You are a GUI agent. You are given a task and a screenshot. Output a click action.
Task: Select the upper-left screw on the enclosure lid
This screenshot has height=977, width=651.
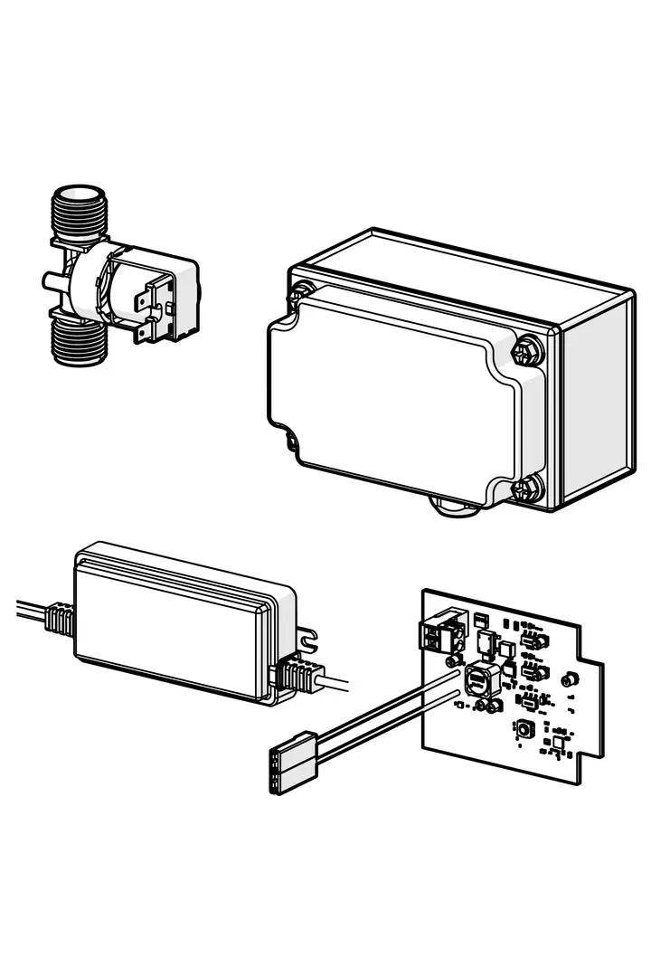pos(298,292)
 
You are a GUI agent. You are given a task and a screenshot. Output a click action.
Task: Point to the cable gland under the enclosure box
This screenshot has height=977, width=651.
pos(452,507)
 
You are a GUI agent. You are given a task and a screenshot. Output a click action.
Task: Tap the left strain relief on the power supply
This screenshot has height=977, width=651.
pos(56,621)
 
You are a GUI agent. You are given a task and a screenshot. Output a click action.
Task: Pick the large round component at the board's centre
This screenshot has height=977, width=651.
pos(478,677)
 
